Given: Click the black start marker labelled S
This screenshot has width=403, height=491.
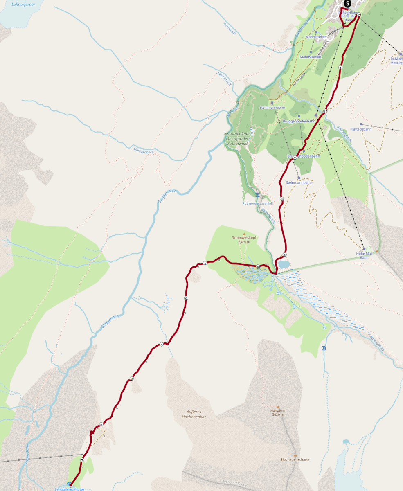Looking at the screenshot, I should tap(347, 3).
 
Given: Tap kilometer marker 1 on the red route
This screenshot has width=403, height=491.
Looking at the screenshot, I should tap(340, 68).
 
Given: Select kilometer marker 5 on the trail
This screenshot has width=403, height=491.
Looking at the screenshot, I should tap(162, 345).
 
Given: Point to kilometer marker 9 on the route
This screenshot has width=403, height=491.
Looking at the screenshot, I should tap(186, 298).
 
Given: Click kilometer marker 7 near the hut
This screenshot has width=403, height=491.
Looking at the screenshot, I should tap(82, 460).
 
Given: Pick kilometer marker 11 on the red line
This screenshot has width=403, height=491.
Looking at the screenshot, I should tap(282, 199).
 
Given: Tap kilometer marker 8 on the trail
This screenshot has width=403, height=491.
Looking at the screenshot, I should tap(132, 379).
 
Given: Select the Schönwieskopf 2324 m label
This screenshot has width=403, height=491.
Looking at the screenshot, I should tap(244, 239).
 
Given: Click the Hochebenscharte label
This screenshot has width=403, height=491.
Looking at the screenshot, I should tap(295, 459).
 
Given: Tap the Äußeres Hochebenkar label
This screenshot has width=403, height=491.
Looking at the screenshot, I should tap(194, 414).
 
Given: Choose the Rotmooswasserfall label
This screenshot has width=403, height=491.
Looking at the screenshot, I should tap(257, 203).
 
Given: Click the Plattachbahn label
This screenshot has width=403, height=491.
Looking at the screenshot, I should tap(361, 129).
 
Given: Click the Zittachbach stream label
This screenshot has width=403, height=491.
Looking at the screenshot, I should tap(223, 79).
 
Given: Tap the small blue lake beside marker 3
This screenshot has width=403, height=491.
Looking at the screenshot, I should tap(284, 264).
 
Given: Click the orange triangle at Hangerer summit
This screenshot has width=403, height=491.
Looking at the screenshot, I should tap(278, 407).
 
